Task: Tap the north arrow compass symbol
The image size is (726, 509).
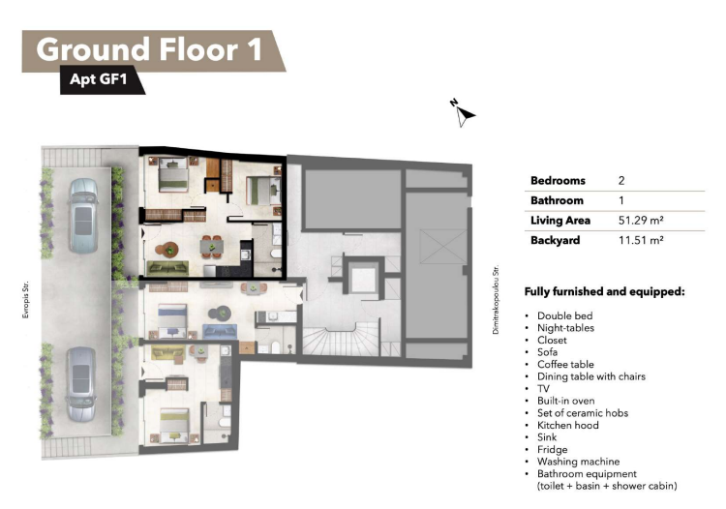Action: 464,113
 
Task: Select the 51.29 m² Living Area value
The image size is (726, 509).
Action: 641,221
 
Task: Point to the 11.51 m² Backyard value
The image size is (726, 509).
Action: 641,240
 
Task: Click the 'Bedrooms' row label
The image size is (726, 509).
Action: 558,180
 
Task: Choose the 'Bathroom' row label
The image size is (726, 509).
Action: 557,200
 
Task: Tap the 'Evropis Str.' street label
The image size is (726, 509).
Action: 25,299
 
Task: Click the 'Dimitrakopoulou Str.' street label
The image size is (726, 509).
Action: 496,299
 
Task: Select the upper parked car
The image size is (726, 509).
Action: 83,215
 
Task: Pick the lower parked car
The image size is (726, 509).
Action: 81,384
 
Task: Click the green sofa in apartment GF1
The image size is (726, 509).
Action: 167,268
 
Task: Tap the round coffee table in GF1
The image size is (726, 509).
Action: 170,250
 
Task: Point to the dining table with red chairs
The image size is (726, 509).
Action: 212,246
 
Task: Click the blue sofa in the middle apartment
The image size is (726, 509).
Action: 220,331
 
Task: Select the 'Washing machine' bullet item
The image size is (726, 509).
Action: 578,462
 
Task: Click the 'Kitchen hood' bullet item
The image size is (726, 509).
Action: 567,425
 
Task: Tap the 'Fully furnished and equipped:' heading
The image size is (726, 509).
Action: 604,291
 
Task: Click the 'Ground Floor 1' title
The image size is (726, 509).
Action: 149,49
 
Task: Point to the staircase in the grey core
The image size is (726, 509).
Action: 343,340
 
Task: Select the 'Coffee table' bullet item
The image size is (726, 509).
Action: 565,364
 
